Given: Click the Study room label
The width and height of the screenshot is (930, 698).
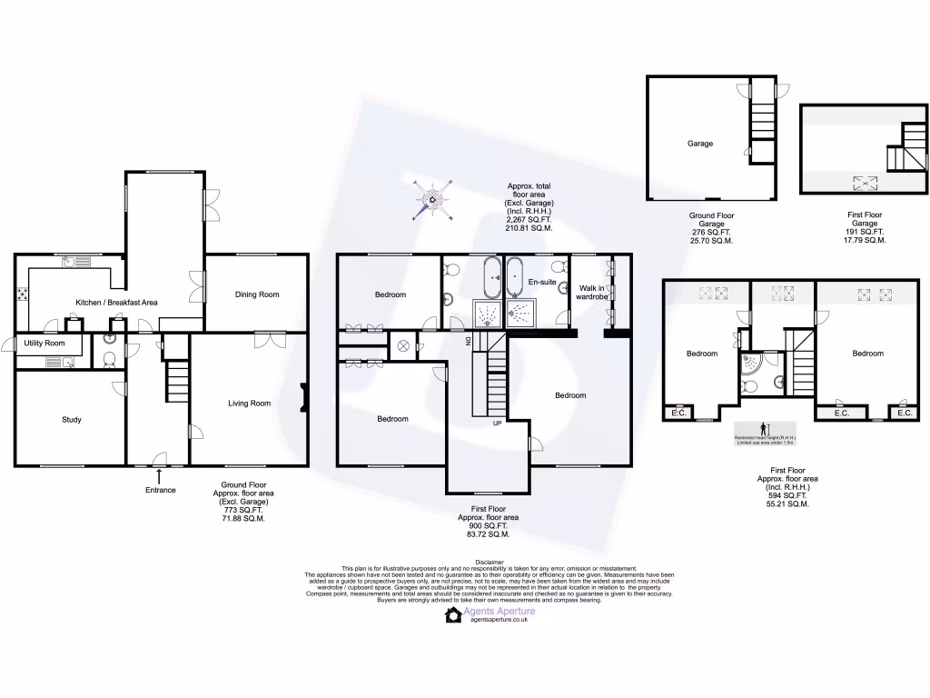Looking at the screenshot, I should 72,420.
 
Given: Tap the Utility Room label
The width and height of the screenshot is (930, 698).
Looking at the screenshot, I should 45,344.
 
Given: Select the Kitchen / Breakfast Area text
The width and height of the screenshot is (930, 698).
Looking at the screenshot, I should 116,302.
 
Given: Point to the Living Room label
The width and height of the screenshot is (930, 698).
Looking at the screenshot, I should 249,404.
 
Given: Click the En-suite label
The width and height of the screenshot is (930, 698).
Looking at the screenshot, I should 541,283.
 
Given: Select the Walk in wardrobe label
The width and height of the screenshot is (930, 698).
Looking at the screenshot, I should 592,293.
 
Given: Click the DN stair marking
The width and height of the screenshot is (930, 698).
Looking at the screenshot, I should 468,341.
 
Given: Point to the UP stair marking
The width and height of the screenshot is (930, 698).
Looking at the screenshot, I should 497,424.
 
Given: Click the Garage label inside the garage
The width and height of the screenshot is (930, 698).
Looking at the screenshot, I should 699,144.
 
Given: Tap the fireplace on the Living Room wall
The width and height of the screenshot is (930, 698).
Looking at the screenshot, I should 304,397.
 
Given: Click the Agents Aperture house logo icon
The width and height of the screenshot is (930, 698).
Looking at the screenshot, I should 452,615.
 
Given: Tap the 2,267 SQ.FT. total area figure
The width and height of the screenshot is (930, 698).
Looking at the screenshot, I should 529,219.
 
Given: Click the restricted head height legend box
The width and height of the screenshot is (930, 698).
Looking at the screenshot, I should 765,433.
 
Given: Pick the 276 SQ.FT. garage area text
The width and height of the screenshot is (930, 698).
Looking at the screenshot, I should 713,233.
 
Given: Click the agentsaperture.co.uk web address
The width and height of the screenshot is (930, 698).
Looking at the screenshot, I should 499,621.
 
